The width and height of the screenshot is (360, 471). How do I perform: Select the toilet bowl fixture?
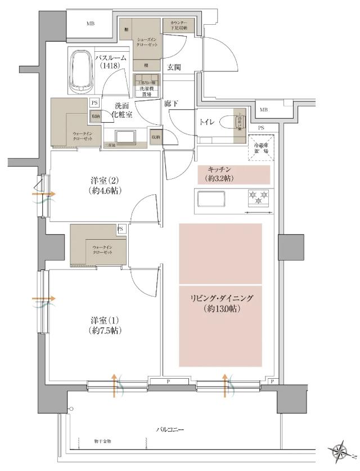click(229, 123)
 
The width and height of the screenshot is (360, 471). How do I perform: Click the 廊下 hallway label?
click(171, 104)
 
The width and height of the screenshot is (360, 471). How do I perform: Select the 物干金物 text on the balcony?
click(102, 442)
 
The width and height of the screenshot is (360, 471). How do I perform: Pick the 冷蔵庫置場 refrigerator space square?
click(259, 148)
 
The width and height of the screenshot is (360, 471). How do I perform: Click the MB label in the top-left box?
click(90, 24)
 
